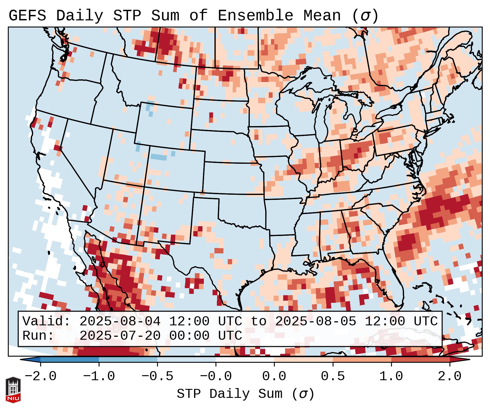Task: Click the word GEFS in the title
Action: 27,16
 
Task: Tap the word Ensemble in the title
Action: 255,16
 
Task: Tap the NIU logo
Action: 13,390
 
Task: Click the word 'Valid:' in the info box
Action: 46,322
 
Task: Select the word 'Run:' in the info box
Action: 38,336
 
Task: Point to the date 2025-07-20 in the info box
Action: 120,336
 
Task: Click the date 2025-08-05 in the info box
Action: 316,322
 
